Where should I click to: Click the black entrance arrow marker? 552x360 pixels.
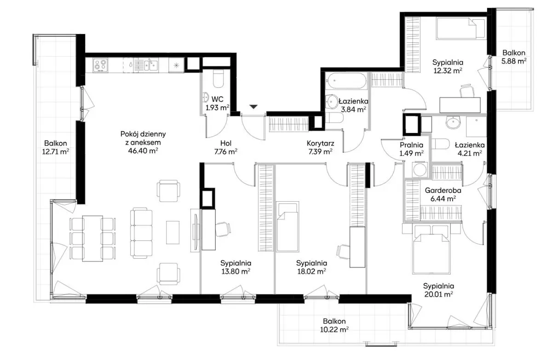pos(253,107)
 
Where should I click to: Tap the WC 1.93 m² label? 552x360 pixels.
pos(218,104)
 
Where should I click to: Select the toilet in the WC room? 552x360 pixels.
pos(218,78)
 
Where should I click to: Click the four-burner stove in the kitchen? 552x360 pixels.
pos(100,65)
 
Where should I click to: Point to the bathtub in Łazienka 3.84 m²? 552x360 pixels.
pos(346,81)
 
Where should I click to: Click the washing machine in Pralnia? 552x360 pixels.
pos(420,169)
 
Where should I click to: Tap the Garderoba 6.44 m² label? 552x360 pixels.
pos(443,194)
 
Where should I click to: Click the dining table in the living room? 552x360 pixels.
pos(92,238)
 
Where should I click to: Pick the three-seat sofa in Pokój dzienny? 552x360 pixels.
pos(141,233)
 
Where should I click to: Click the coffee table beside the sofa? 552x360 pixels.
pos(172,232)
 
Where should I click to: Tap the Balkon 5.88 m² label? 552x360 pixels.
pos(514,57)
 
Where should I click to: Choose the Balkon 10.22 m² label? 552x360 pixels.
pos(334,325)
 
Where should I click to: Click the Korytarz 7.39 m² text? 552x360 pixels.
pos(320,147)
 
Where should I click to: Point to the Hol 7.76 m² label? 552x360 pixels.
pos(226,147)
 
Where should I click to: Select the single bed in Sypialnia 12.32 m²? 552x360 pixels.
pos(461,29)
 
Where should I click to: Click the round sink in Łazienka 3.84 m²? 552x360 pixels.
pos(332,101)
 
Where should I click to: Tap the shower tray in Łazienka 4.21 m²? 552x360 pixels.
pos(477,127)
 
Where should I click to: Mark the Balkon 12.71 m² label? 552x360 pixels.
pos(56,147)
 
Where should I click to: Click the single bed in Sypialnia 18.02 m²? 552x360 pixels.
pos(287,226)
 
